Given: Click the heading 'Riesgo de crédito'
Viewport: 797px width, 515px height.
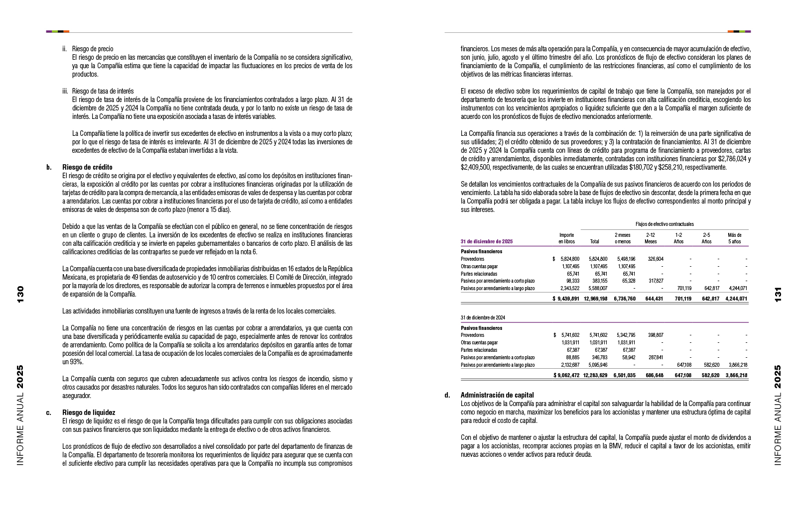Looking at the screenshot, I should pyautogui.click(x=87, y=167).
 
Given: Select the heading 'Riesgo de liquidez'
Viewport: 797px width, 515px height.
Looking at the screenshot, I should pyautogui.click(x=89, y=412).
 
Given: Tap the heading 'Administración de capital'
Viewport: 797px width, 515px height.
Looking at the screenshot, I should pyautogui.click(x=497, y=395).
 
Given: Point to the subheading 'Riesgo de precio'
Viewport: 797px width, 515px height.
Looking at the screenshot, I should pyautogui.click(x=93, y=49).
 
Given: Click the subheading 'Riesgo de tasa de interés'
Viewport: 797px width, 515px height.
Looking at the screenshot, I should pyautogui.click(x=103, y=91).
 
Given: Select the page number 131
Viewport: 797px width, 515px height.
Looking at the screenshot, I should pyautogui.click(x=778, y=294).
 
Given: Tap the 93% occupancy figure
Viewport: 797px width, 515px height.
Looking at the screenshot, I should pyautogui.click(x=76, y=362).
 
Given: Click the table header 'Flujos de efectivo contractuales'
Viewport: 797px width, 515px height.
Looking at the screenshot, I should pyautogui.click(x=664, y=224).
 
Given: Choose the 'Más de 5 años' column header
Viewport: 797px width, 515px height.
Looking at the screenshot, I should pyautogui.click(x=734, y=238).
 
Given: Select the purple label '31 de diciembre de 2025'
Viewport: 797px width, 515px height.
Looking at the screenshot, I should pyautogui.click(x=487, y=241).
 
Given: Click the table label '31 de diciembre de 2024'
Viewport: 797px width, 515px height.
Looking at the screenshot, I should pyautogui.click(x=483, y=317).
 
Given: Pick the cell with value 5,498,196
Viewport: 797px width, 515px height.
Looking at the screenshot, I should pyautogui.click(x=626, y=259).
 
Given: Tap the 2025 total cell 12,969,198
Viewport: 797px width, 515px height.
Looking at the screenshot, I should pyautogui.click(x=595, y=299).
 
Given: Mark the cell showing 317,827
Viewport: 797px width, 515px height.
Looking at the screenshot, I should pyautogui.click(x=654, y=281).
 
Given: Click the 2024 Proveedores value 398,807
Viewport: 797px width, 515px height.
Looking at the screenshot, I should pyautogui.click(x=654, y=335).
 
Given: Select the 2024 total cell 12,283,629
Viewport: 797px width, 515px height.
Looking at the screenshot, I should pyautogui.click(x=595, y=375).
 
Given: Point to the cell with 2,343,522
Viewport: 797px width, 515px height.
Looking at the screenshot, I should pyautogui.click(x=569, y=288).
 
